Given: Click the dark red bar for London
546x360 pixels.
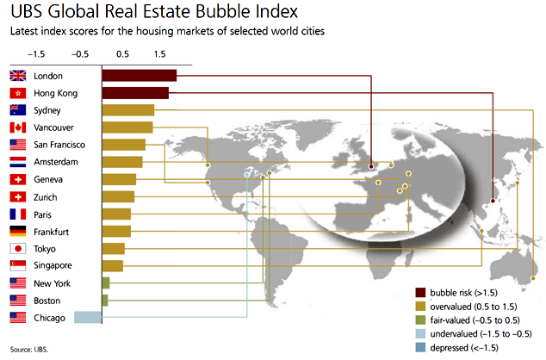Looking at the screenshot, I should [139, 76].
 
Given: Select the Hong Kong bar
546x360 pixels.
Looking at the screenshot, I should [135, 93].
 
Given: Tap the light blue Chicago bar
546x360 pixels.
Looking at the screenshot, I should [88, 317].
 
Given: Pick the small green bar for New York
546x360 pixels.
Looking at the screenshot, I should [106, 282].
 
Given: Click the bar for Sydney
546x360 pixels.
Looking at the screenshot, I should [127, 110].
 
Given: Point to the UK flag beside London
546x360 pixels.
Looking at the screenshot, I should [17, 76].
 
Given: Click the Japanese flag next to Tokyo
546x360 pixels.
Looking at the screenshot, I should [17, 248].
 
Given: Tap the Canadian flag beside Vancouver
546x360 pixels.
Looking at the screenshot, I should [17, 127].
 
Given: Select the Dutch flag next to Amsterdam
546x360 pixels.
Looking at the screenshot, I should [17, 162].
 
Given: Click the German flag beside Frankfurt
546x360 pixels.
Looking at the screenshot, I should [17, 231].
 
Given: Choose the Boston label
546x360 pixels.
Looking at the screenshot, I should [47, 300].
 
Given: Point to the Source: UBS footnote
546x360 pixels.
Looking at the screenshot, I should [29, 350].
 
